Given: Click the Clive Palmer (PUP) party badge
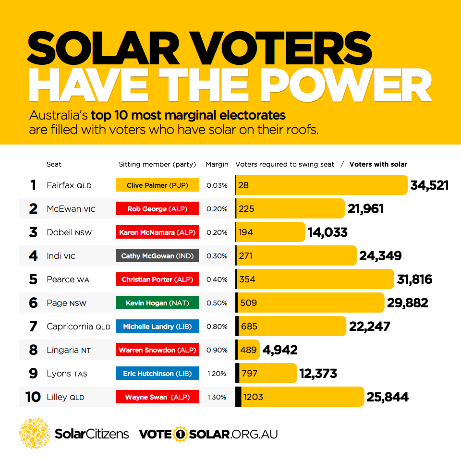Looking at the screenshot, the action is click(x=158, y=185).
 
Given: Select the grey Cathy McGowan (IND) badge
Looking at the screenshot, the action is click(x=158, y=255).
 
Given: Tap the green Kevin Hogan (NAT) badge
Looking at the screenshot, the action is click(x=158, y=303).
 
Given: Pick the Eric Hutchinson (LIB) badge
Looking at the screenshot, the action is click(x=158, y=373).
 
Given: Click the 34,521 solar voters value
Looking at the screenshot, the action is click(x=429, y=185).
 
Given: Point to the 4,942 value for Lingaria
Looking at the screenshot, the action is click(x=280, y=350).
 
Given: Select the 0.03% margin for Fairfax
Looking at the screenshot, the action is click(x=217, y=185).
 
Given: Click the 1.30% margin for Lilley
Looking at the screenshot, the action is click(x=217, y=397).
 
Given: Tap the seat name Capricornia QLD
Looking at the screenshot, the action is click(x=78, y=327).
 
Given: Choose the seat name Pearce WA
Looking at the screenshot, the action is click(x=68, y=279).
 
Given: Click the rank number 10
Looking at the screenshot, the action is click(x=33, y=397).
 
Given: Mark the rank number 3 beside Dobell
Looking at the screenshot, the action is click(x=33, y=232).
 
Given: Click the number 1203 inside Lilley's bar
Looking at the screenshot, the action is click(x=253, y=397).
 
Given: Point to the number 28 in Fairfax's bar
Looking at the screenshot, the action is click(x=243, y=185).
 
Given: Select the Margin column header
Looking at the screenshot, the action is click(x=217, y=164).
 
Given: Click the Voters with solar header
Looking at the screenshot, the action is click(x=378, y=164).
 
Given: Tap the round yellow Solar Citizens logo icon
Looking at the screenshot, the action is click(x=35, y=433).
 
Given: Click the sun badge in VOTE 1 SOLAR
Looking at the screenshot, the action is click(x=180, y=434).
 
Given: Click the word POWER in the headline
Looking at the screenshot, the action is click(x=346, y=85).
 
